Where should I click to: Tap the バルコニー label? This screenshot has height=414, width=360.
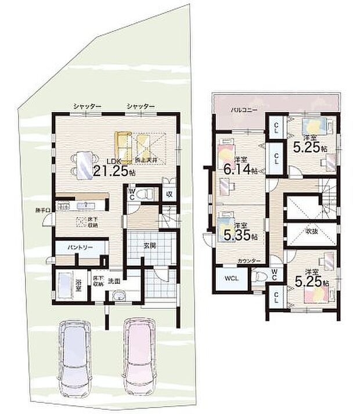pyautogui.click(x=240, y=109)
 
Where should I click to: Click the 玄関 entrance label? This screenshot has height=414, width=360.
pyautogui.click(x=149, y=244)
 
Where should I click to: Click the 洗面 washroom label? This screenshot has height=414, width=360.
pyautogui.click(x=114, y=282)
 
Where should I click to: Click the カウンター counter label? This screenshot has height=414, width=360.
pyautogui.click(x=249, y=261)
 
